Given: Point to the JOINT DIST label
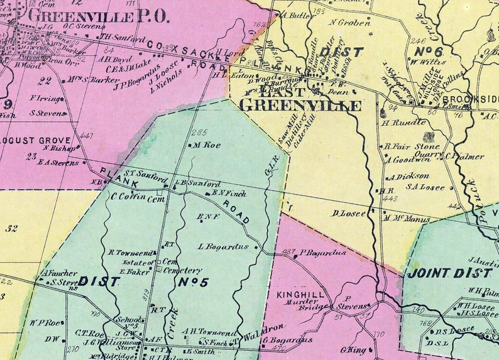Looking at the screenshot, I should (449, 273).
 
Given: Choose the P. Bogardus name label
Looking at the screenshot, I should (322, 253).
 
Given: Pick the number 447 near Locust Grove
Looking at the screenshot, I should (87, 136).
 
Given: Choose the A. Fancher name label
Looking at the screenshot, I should (59, 273).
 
